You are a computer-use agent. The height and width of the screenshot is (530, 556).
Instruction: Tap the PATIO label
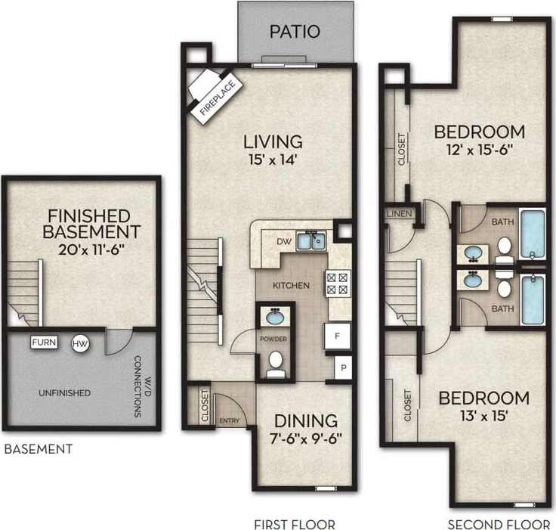295,32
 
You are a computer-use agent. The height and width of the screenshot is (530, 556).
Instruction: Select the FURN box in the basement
44,342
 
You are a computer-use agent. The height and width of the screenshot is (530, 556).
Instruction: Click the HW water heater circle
79,344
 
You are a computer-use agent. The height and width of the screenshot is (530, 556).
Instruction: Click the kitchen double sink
310,241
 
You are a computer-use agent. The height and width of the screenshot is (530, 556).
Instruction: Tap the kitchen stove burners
336,283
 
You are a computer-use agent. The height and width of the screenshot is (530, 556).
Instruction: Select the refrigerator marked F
335,336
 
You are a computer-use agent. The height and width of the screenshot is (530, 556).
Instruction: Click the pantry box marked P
343,368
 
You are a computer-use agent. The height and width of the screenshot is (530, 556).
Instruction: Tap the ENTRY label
229,420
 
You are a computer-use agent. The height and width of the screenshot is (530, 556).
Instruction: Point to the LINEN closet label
399,214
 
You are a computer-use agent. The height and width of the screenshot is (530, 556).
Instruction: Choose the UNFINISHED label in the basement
65,393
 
